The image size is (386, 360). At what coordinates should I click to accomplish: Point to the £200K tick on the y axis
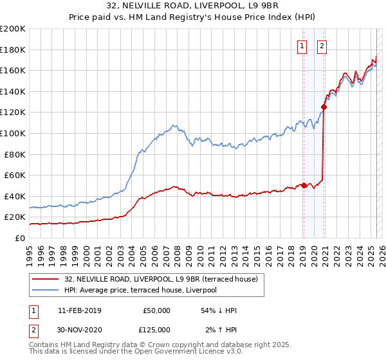13,29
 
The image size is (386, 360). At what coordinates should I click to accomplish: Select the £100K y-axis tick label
13,133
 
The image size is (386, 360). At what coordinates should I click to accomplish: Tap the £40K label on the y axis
15,196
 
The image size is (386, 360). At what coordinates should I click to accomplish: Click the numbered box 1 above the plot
302,46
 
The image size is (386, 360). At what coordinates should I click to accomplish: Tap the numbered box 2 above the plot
321,46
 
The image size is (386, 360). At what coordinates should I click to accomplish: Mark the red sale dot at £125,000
324,107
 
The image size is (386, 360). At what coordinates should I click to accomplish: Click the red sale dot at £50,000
304,186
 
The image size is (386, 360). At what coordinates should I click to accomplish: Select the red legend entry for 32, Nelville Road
161,279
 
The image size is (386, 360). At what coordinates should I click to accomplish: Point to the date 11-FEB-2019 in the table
80,310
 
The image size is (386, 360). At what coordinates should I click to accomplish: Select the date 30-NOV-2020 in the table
80,330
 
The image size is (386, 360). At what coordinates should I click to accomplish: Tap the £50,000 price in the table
156,310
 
